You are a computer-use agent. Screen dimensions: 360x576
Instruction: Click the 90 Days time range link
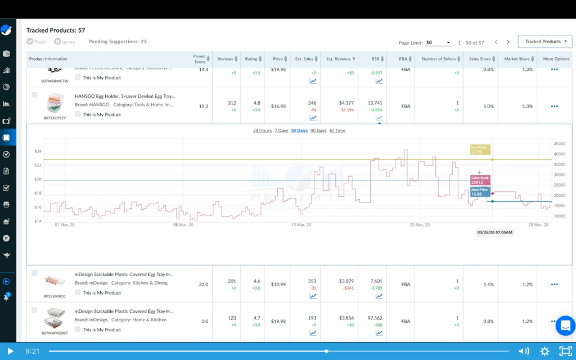pos(318,130)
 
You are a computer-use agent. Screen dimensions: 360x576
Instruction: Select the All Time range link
pos(337,130)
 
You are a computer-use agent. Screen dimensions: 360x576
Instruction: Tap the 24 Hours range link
pos(262,130)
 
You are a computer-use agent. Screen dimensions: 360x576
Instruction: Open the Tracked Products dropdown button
pos(544,42)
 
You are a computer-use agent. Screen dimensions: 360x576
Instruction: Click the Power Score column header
pos(199,58)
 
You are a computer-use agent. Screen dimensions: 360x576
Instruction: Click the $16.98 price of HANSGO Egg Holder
pos(278,106)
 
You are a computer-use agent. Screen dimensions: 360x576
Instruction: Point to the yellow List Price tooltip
pos(480,149)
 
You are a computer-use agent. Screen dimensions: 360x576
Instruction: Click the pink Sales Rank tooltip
pos(480,180)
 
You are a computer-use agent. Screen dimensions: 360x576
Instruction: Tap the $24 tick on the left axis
pos(38,152)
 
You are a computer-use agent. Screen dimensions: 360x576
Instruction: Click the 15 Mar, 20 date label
pos(301,225)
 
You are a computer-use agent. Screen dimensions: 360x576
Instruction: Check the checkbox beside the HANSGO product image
pos(34,95)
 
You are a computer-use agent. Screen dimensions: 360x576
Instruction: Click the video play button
pos(10,351)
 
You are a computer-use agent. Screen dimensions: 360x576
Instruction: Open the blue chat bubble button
pos(565,326)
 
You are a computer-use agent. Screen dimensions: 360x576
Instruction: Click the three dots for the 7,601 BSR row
pos(554,285)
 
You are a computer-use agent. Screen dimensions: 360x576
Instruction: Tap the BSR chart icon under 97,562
pos(379,333)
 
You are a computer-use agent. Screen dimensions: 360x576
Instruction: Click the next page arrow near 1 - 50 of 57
pos(508,42)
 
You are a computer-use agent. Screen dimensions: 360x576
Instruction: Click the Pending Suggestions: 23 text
pos(118,42)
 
